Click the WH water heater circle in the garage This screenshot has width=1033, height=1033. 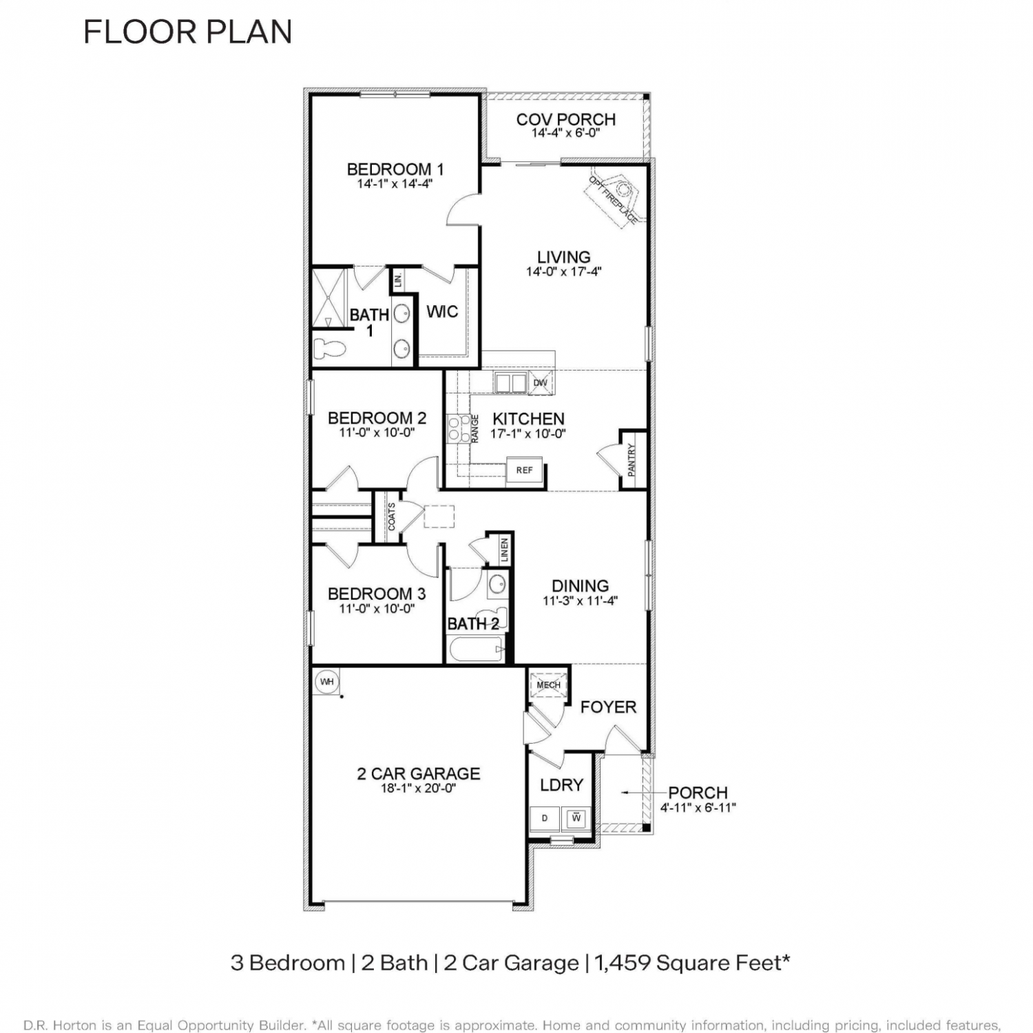(326, 682)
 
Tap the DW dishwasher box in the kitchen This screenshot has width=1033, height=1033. (541, 383)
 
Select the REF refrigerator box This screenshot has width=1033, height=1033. (524, 470)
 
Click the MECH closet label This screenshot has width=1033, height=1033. (549, 685)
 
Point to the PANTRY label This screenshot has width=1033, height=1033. (632, 460)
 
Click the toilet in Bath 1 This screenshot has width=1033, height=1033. (328, 347)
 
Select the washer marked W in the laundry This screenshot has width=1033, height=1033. (576, 819)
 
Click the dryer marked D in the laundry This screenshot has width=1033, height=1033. (545, 819)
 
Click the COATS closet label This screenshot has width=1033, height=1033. (392, 516)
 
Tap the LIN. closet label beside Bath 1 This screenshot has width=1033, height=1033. (398, 280)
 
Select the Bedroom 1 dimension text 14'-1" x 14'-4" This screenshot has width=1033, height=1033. (395, 184)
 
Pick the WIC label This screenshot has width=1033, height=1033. (442, 312)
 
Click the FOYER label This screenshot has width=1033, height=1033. (608, 707)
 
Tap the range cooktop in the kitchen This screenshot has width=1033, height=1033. (455, 428)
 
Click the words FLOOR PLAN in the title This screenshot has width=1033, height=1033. (188, 32)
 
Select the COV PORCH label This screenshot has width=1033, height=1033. (566, 120)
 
